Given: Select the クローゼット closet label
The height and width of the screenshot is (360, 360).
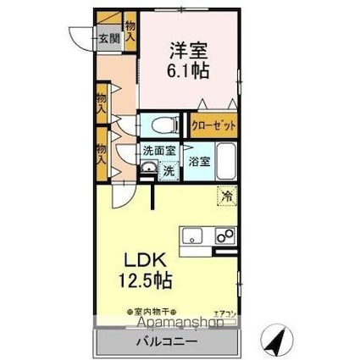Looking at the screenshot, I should pyautogui.click(x=212, y=125).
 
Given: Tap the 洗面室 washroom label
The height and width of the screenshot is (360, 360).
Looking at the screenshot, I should pyautogui.click(x=158, y=151).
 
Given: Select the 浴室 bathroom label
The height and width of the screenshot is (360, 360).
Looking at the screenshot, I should pyautogui.click(x=198, y=161).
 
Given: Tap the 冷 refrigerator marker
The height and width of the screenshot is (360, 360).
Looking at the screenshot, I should pyautogui.click(x=226, y=196).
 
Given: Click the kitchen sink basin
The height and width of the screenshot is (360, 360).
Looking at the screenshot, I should pyautogui.click(x=191, y=235).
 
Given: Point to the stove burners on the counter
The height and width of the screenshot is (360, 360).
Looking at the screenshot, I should pyautogui.click(x=224, y=235).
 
